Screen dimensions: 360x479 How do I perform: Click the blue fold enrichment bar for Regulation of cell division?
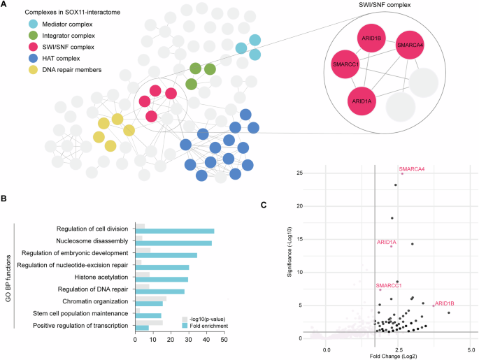tap(175, 231)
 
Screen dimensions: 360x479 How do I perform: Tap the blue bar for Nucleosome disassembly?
tap(173, 243)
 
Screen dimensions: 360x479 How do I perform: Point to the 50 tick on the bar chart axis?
tap(223, 339)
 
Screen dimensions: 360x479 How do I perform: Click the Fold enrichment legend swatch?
tap(186, 325)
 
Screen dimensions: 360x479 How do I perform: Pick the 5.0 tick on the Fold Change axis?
tap(471, 348)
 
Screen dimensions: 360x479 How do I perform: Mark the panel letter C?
tap(263, 204)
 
